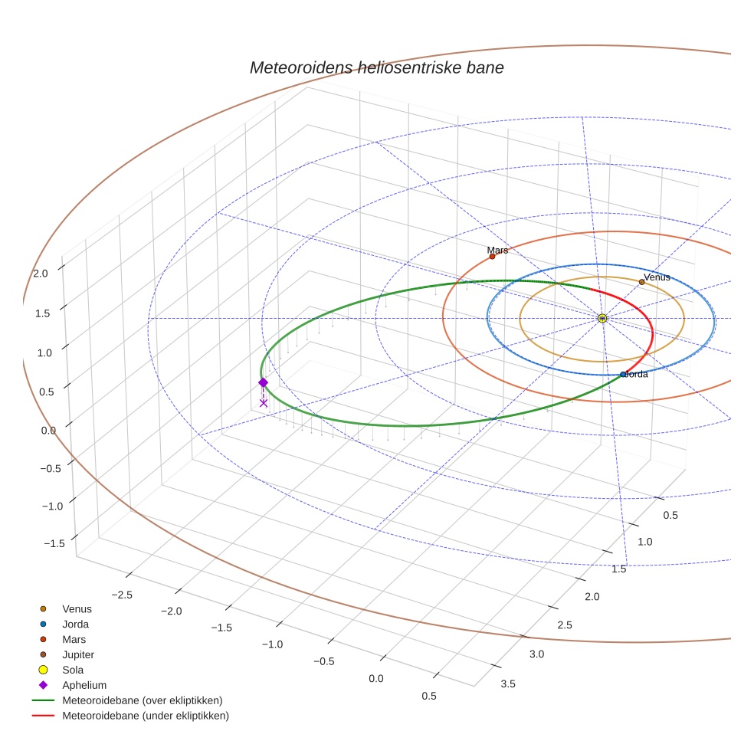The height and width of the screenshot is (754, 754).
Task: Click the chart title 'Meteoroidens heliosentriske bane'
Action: click(376, 67)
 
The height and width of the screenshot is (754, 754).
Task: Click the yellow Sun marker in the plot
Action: click(602, 318)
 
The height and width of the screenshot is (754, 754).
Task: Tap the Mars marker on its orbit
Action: click(492, 257)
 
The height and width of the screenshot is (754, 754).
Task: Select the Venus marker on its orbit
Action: click(641, 282)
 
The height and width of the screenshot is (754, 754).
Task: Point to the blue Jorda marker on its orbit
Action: click(623, 375)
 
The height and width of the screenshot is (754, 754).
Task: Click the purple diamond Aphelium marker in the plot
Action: click(263, 382)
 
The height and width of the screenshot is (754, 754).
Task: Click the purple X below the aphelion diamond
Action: click(264, 403)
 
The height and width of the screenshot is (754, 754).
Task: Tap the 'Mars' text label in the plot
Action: click(497, 250)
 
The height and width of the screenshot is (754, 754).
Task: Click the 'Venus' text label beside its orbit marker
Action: click(657, 277)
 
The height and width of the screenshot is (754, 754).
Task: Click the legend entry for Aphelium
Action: click(84, 685)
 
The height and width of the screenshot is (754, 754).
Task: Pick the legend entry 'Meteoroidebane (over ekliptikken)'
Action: click(142, 700)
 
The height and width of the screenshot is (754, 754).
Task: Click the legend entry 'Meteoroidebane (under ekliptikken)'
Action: click(145, 716)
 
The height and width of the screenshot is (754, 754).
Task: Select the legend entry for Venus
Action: click(77, 608)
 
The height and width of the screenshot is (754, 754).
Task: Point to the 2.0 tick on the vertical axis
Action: click(41, 273)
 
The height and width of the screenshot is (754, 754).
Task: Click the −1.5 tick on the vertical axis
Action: click(54, 543)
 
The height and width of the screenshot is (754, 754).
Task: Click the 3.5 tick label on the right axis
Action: click(507, 684)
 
